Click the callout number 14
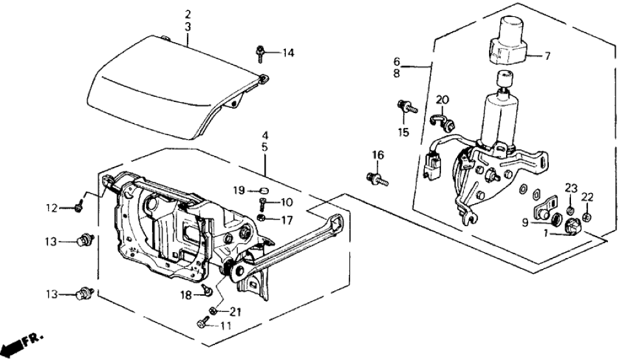pos(288,53)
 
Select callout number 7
pos(547,57)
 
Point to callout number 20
pos(442,100)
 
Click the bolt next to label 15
pos(407,107)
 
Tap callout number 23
pos(570,188)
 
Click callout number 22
pos(587,197)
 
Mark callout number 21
pos(234,312)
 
